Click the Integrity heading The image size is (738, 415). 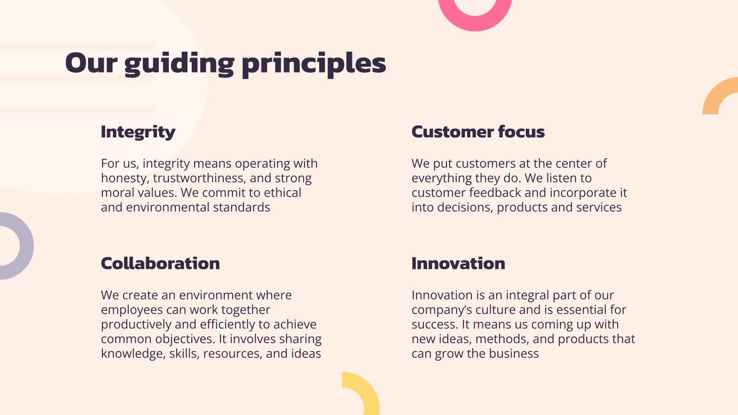coord(138,132)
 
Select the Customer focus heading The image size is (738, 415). coord(478,132)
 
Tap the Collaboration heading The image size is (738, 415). coord(160,263)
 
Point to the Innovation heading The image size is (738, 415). coord(458,263)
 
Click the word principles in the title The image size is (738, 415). coord(314,64)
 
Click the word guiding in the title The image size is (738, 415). coord(179,64)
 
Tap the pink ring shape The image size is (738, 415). coord(475,18)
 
